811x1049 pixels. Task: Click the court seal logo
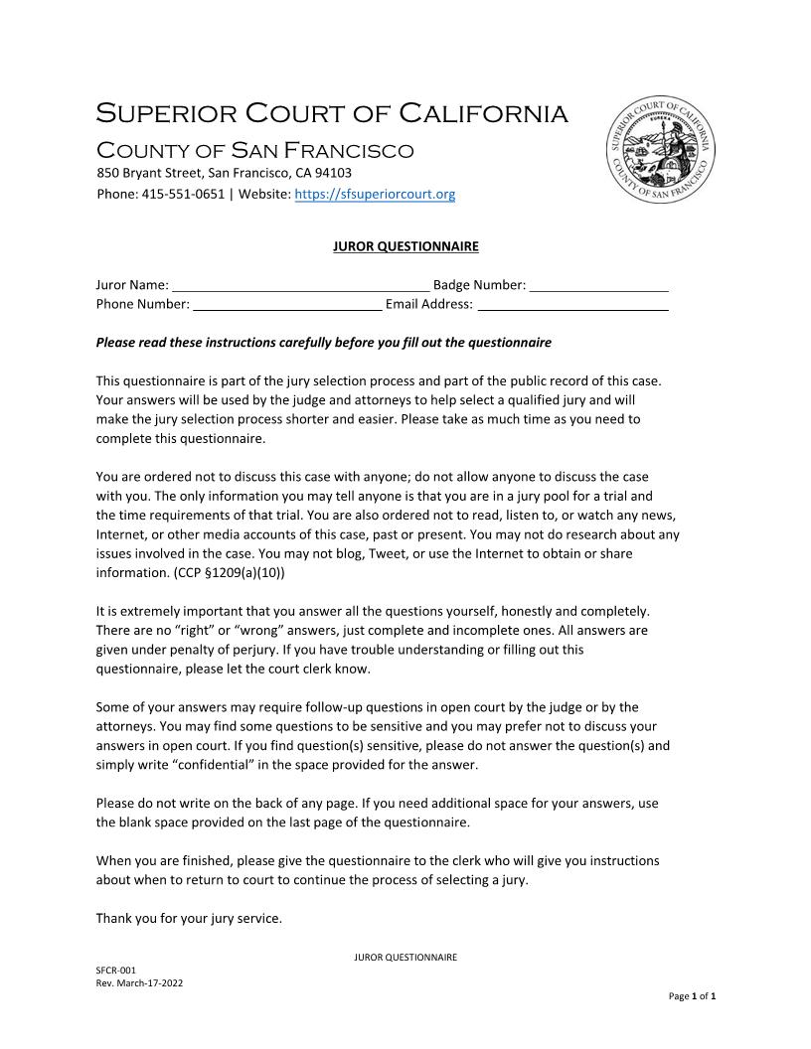[x=661, y=152]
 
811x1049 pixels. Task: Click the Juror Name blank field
[x=300, y=286]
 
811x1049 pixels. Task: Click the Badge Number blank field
[x=598, y=286]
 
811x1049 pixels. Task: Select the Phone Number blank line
[x=286, y=305]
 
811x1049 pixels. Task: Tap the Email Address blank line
[x=572, y=305]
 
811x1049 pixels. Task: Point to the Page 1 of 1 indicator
[x=692, y=995]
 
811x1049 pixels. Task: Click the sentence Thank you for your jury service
[x=189, y=919]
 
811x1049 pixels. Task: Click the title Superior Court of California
[x=332, y=114]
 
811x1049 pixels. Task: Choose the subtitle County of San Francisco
[x=254, y=151]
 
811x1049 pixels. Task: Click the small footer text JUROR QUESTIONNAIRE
[x=405, y=958]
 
